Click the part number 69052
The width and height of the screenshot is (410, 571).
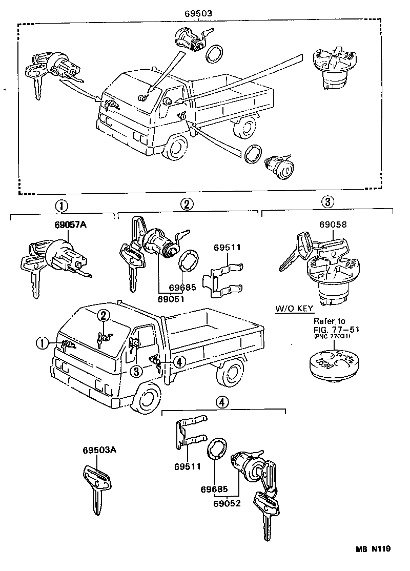[x=227, y=503]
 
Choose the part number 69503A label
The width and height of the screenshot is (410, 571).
[x=100, y=451]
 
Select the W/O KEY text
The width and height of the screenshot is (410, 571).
[x=294, y=310]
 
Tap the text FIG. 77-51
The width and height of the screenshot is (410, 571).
[x=336, y=330]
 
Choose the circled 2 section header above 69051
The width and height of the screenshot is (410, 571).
[x=187, y=205]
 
